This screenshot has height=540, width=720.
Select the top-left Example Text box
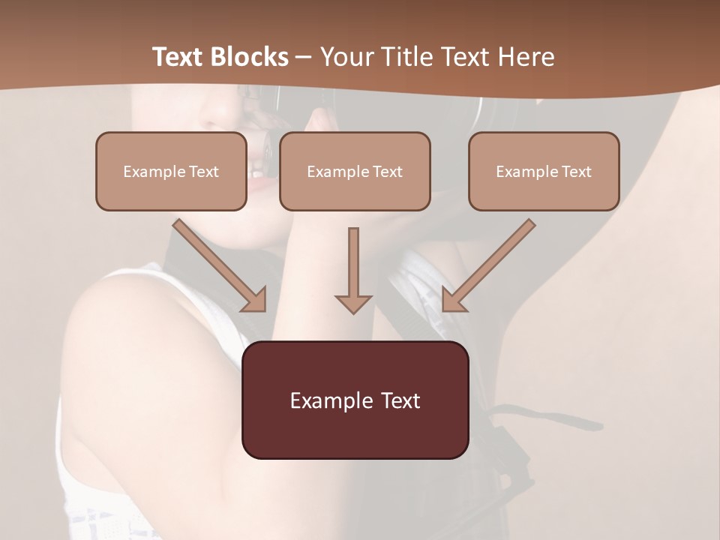click(171, 171)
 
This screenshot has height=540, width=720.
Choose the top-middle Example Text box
click(355, 171)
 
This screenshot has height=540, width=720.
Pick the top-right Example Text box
click(544, 171)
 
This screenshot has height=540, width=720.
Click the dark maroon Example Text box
click(355, 400)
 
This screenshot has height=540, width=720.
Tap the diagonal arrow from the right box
click(491, 262)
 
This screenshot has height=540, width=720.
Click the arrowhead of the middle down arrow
click(353, 303)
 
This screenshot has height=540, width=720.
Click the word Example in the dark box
click(322, 400)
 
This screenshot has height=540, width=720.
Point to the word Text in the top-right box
click(576, 172)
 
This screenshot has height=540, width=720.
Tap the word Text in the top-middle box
click(387, 172)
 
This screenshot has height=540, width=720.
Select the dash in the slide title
click(304, 58)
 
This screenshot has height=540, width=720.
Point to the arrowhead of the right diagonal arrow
click(451, 301)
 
